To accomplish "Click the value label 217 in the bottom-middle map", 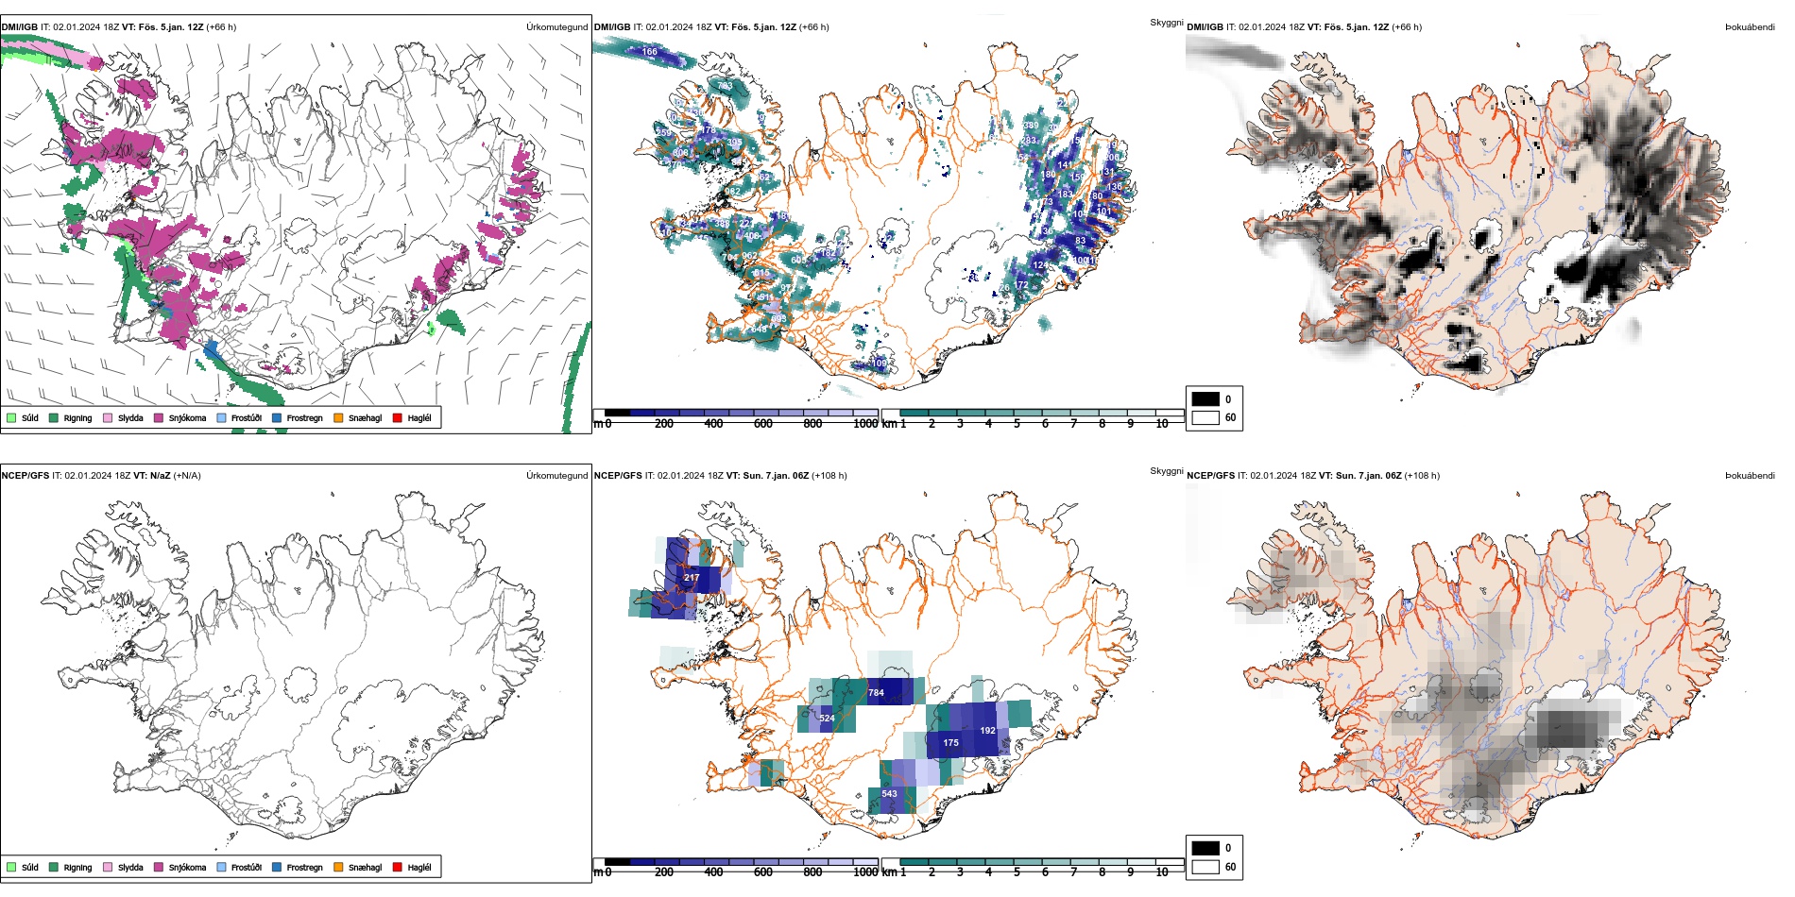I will click(x=692, y=578).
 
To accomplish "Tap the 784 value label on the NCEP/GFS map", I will click(x=876, y=693).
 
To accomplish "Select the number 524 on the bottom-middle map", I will click(x=827, y=719).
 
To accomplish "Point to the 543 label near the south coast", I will click(x=889, y=794).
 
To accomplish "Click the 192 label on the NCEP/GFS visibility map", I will click(x=987, y=731).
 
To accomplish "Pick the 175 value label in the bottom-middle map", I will click(x=950, y=743).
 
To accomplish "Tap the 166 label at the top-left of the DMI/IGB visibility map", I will click(x=649, y=52).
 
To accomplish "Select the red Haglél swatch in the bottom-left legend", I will click(x=397, y=867).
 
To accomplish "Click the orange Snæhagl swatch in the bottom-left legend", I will click(x=338, y=867).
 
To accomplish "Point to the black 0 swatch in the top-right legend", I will click(x=1205, y=398).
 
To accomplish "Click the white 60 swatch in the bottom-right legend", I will click(x=1205, y=867).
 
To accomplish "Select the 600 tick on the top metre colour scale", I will click(x=763, y=424).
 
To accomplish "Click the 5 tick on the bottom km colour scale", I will click(x=1017, y=872).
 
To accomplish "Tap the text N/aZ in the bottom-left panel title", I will click(x=160, y=476).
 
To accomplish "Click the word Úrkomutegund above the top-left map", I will click(x=556, y=27).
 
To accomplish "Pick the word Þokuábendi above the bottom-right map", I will click(x=1749, y=476).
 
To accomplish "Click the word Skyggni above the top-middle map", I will click(x=1166, y=23).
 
